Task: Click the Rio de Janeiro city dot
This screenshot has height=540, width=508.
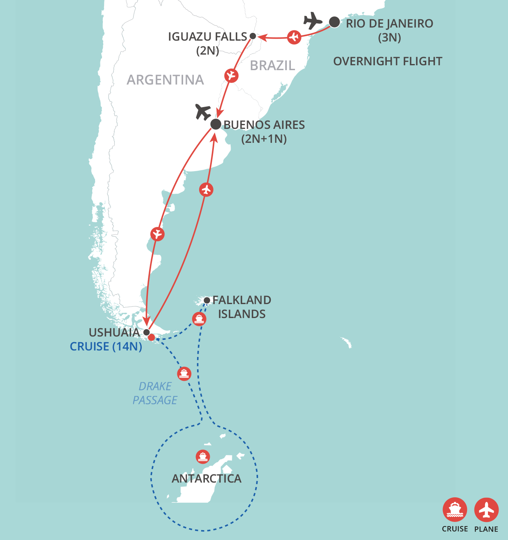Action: (334, 22)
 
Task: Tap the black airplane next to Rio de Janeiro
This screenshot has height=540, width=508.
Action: (313, 21)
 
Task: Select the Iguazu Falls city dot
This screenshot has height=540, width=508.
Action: (253, 36)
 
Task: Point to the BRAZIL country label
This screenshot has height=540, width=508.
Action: (272, 66)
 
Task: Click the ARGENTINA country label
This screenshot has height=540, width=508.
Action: (165, 80)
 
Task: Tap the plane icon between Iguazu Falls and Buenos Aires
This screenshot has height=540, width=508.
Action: (231, 76)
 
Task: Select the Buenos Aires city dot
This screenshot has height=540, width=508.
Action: (216, 124)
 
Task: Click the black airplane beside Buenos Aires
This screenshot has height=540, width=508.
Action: (203, 112)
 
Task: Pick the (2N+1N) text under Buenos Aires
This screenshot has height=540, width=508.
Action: (264, 139)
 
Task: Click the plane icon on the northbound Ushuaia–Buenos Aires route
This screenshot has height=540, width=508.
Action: (206, 190)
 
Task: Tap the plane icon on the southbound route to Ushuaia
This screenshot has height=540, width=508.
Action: (157, 234)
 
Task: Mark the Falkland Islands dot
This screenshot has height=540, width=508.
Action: (207, 300)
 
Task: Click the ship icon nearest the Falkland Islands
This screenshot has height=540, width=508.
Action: (199, 319)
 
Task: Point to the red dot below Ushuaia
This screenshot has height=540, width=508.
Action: (151, 337)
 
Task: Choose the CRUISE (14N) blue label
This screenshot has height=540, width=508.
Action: (106, 347)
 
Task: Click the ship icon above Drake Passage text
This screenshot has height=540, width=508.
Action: (184, 373)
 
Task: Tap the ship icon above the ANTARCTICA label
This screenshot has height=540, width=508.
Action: (203, 457)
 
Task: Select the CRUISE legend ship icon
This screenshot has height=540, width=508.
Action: (455, 510)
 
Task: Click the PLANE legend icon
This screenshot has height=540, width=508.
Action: (486, 510)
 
